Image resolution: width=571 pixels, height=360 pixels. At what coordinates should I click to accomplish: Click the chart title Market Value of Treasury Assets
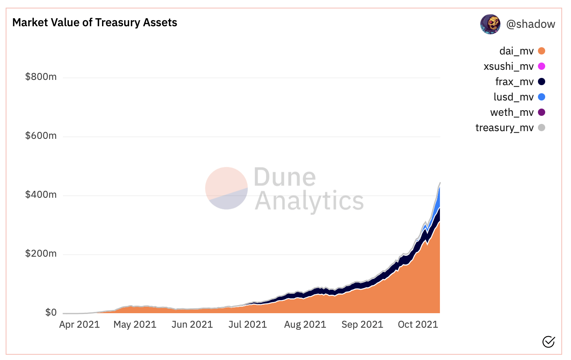pos(95,23)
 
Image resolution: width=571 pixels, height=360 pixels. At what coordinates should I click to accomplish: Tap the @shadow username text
pos(530,24)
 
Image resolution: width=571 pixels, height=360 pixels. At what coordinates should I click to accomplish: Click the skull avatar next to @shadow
pos(490,24)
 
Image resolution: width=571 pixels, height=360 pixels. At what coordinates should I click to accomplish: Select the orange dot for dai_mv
pos(542,51)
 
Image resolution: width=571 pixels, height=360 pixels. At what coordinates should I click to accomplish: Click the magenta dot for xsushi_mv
pos(542,66)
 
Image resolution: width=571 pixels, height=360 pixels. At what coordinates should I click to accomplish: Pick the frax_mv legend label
pos(514,82)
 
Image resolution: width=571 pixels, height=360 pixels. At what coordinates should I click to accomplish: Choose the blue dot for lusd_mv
pos(542,97)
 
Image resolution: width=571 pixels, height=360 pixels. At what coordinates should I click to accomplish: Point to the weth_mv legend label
pos(512,112)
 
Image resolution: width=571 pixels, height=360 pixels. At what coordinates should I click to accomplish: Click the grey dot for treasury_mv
pos(542,128)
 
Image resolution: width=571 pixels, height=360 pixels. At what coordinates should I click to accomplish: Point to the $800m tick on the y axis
pos(41,77)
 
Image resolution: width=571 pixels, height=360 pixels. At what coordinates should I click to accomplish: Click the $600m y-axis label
pos(41,136)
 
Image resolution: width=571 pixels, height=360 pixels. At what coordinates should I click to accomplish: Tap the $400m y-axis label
pos(41,195)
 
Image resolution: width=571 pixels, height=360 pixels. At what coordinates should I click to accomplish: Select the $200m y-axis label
pos(41,253)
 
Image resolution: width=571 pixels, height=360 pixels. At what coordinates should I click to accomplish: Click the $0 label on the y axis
pos(51,312)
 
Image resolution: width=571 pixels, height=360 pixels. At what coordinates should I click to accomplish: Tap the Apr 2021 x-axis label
pos(79,324)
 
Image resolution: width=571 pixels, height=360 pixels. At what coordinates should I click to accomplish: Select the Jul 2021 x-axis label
pos(248,324)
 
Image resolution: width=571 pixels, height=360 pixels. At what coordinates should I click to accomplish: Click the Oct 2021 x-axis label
pos(418,324)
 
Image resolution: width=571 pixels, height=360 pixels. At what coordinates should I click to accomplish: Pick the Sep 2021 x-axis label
pos(362,324)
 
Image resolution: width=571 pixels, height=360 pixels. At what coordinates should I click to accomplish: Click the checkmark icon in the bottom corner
pos(548,342)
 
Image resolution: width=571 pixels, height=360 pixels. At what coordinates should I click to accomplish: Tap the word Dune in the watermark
pos(285,177)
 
